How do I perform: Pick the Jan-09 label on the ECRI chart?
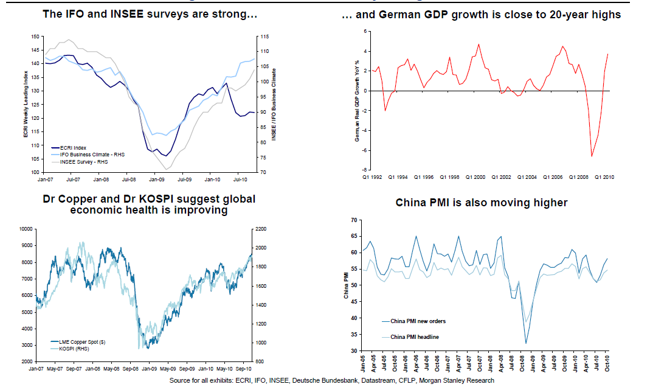157,180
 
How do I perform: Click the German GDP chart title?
482,15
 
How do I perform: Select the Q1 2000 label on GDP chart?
474,178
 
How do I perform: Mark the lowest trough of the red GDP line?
592,156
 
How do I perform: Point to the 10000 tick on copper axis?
26,229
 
